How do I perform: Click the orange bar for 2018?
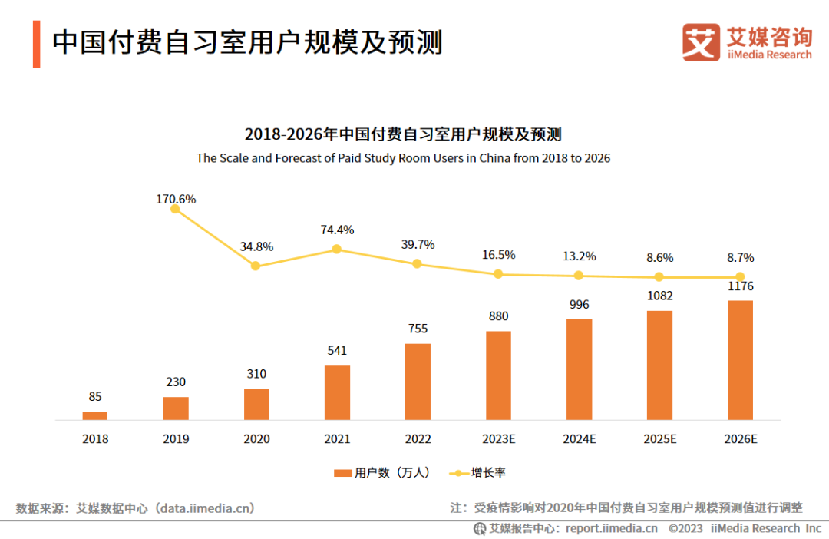(95, 415)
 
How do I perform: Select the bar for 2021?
(337, 392)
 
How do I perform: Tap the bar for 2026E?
(740, 360)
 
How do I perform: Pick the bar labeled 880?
(498, 375)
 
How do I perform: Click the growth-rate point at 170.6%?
(175, 209)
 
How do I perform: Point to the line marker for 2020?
(256, 266)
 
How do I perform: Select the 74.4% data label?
(337, 230)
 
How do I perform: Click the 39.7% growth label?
(418, 244)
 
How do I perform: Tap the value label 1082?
(659, 296)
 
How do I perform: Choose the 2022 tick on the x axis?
(418, 439)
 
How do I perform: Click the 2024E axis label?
(579, 439)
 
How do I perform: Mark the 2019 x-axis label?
(176, 439)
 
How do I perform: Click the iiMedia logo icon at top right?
(701, 43)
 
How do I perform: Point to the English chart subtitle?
(403, 158)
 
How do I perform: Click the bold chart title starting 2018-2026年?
(403, 134)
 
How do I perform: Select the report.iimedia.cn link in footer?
(612, 528)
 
